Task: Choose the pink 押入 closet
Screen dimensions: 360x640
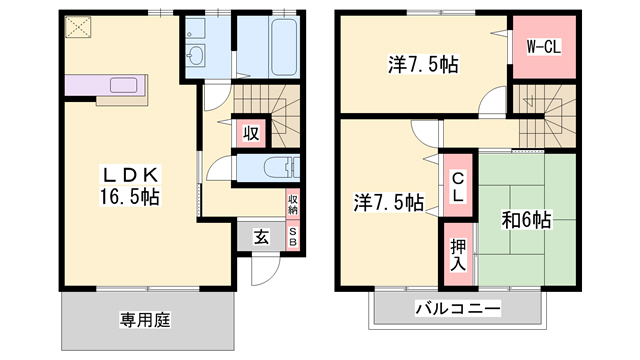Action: (458, 254)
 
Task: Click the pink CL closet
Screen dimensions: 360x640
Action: (458, 187)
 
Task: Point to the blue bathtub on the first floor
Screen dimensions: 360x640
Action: (268, 48)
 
